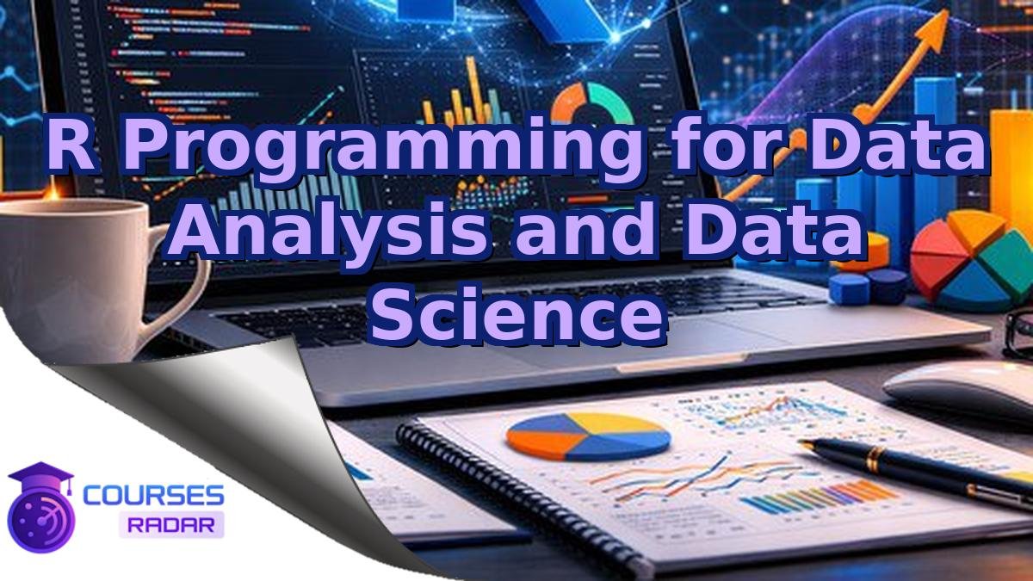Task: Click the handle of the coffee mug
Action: click(x=176, y=275)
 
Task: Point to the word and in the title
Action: click(x=585, y=228)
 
